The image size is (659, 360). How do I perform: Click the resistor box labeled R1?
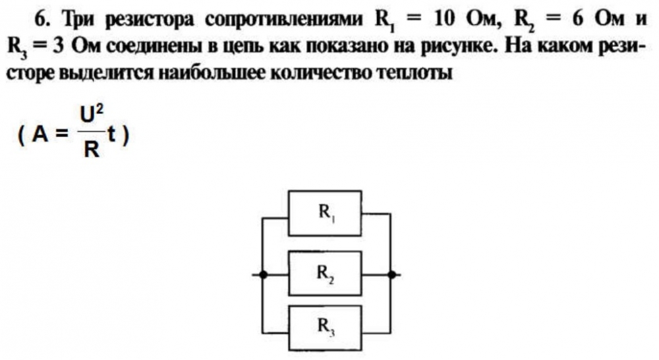326,213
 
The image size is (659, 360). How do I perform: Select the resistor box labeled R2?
326,273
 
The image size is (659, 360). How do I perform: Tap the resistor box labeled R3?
326,326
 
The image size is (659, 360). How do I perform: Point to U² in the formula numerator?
91,117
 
